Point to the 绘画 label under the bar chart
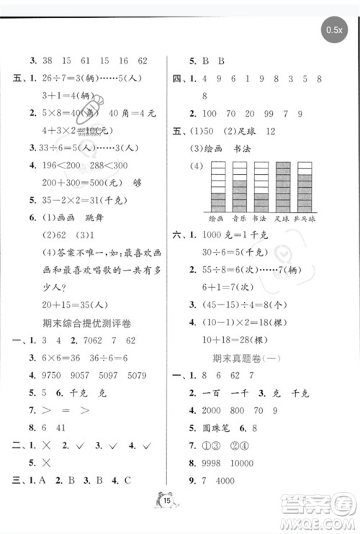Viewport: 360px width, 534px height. (216, 217)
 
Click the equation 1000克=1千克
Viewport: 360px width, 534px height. (238, 234)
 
